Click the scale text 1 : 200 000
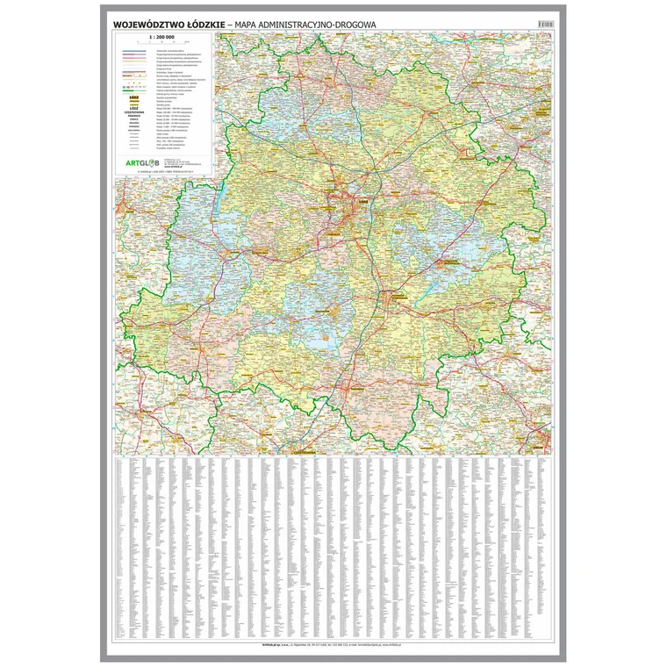tap(161, 36)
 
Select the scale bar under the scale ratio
tap(161, 41)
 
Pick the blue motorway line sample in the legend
tap(133, 50)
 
